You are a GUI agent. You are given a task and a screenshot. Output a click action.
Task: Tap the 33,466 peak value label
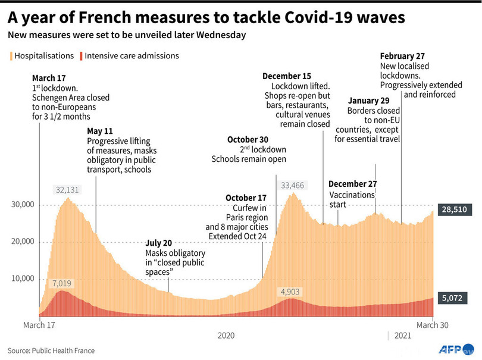point(292,186)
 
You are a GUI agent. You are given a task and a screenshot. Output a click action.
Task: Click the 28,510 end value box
point(455,209)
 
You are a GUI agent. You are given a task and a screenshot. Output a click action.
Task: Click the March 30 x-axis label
point(431,325)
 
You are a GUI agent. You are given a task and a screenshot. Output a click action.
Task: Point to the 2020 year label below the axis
point(226,336)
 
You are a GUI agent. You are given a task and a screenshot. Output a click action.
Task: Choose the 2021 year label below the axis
point(402,336)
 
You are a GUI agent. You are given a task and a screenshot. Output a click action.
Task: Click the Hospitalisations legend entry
point(39,56)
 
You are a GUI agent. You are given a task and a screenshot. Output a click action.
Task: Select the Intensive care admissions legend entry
point(128,56)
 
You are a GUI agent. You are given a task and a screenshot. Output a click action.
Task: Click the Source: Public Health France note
point(51,350)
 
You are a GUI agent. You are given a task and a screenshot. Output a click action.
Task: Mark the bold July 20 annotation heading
point(159,243)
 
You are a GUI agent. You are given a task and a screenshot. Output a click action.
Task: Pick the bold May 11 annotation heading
point(100,131)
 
